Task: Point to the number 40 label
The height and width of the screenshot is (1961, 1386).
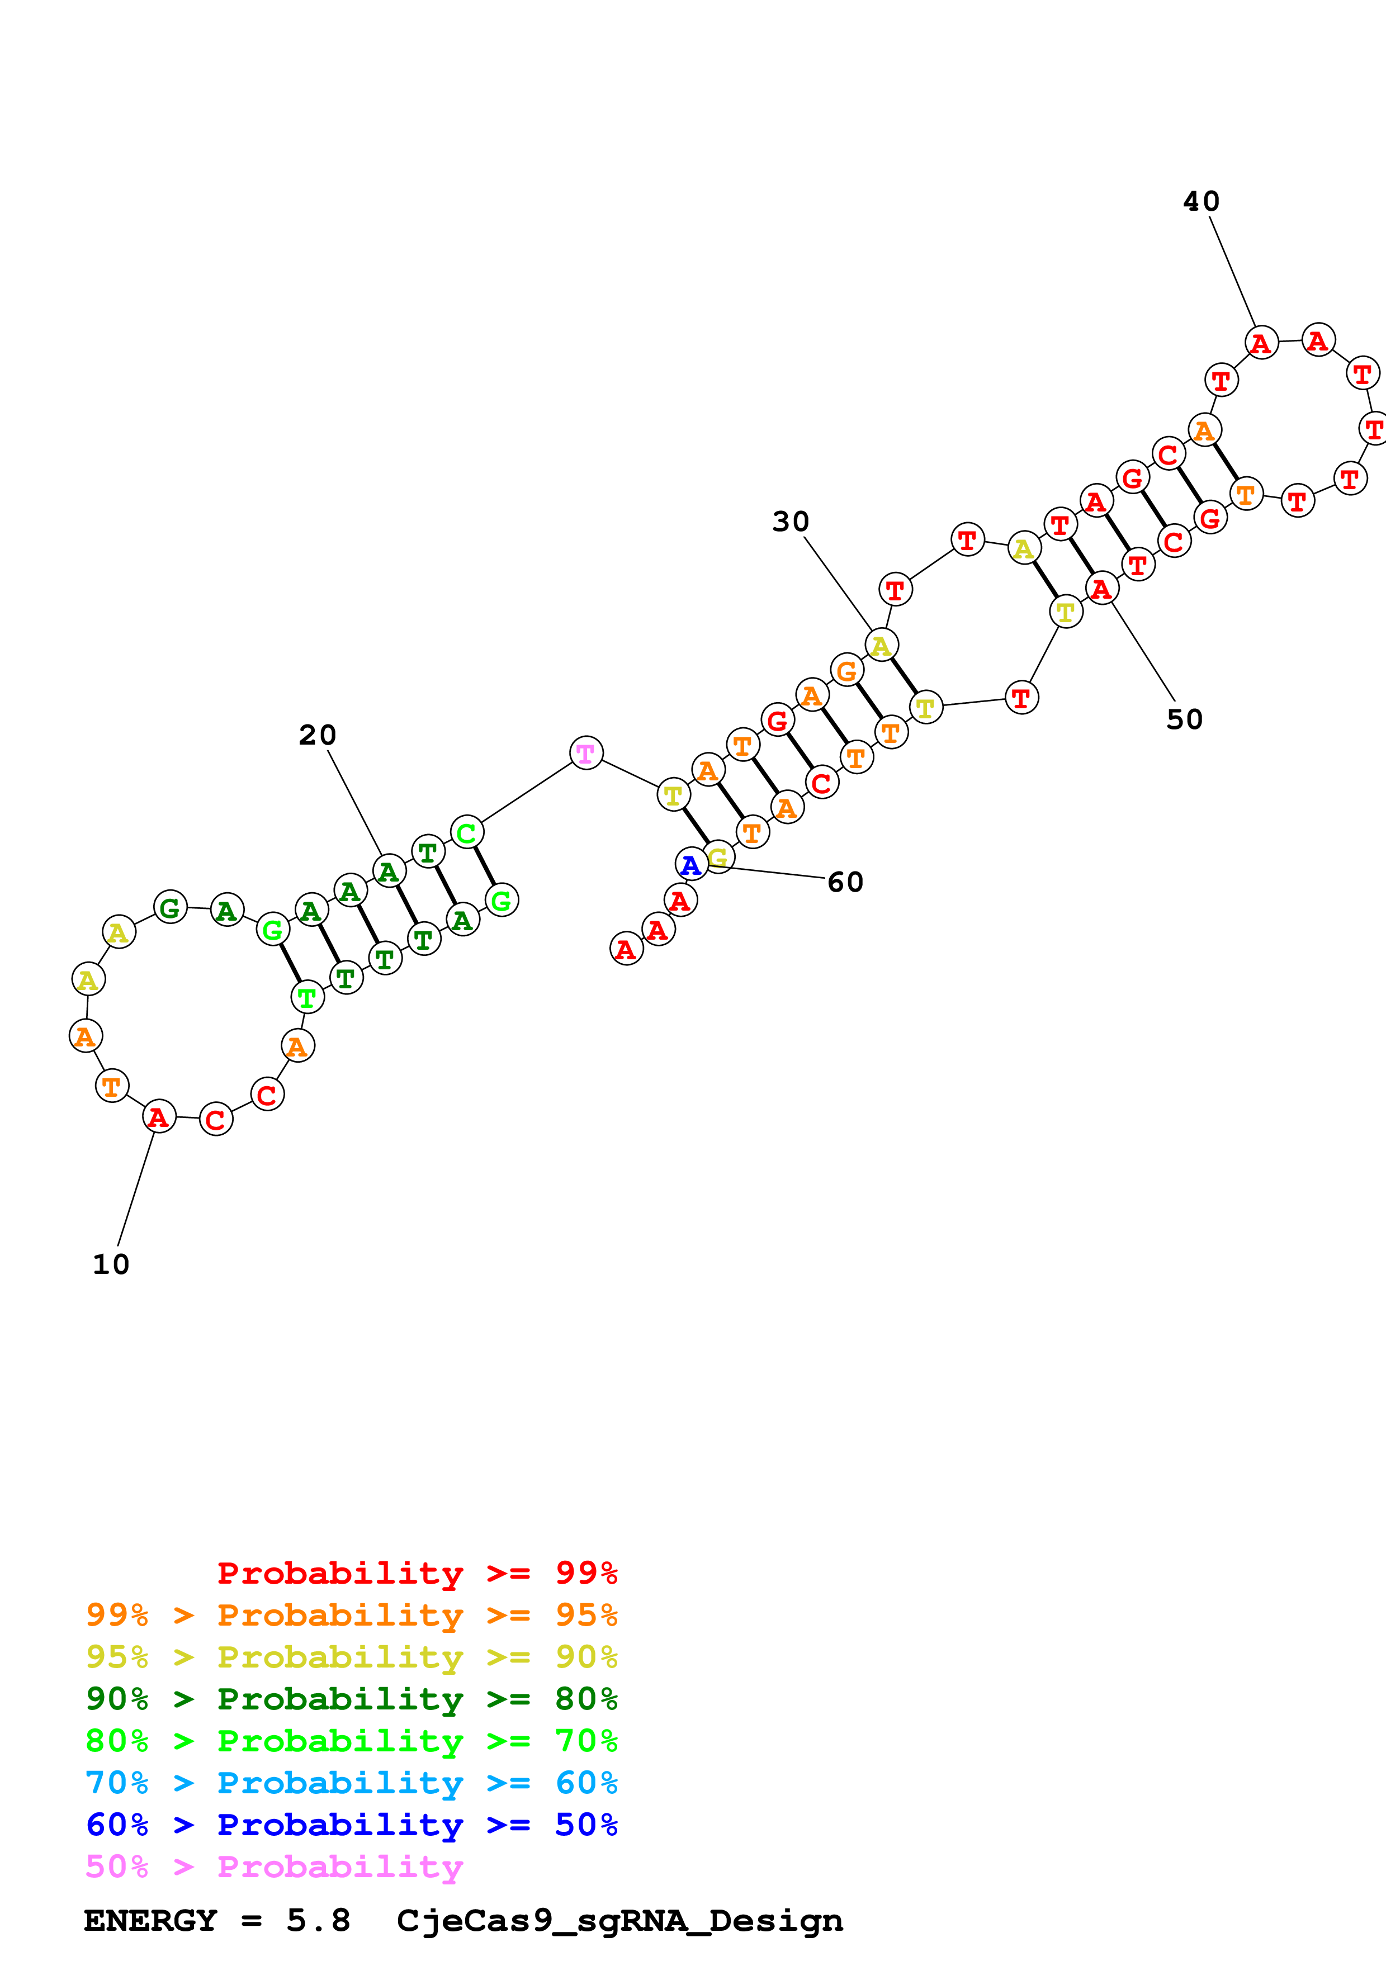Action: pos(1201,202)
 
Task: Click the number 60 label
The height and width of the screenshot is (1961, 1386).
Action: pos(845,882)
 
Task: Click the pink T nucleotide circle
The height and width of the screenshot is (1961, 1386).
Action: pos(586,752)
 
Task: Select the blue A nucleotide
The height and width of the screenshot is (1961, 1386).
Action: pos(691,864)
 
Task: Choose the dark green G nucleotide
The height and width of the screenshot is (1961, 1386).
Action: pos(170,907)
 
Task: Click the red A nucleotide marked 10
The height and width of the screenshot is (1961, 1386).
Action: pos(159,1116)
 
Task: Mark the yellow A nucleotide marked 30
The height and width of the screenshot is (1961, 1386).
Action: pos(881,646)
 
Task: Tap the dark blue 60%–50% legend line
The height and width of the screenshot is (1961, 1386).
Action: pos(351,1825)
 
